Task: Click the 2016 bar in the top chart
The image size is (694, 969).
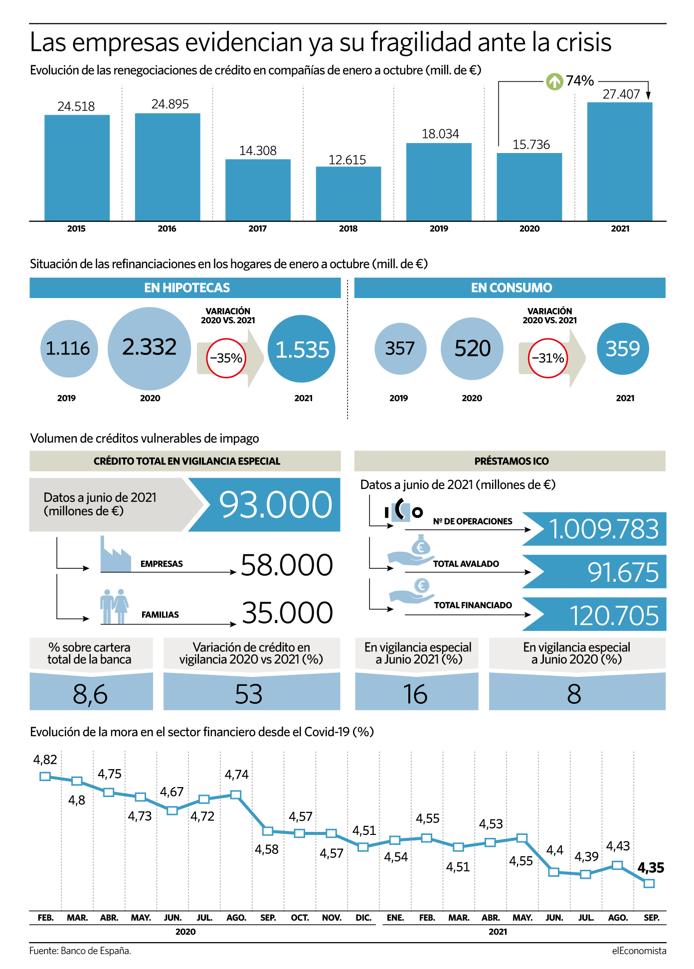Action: (168, 167)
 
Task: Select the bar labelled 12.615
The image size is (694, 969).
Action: (348, 193)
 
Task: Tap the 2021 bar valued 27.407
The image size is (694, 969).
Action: (620, 161)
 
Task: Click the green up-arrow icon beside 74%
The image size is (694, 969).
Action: (554, 81)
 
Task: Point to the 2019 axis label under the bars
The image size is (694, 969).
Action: (439, 229)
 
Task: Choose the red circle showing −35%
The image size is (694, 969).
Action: (226, 358)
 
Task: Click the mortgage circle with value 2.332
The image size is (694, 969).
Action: (150, 348)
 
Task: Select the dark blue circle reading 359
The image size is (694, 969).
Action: (623, 348)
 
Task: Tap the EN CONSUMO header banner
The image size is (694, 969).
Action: (510, 288)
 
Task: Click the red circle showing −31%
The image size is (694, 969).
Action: (548, 358)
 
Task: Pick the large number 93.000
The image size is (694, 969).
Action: (276, 504)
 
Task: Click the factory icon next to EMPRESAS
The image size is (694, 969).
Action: (116, 554)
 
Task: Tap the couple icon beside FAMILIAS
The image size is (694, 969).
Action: (114, 606)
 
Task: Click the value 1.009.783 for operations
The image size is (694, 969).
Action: (604, 529)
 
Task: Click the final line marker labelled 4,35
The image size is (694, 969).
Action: (649, 883)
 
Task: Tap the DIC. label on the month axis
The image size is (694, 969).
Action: (363, 918)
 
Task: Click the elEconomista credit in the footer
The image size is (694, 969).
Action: (639, 951)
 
